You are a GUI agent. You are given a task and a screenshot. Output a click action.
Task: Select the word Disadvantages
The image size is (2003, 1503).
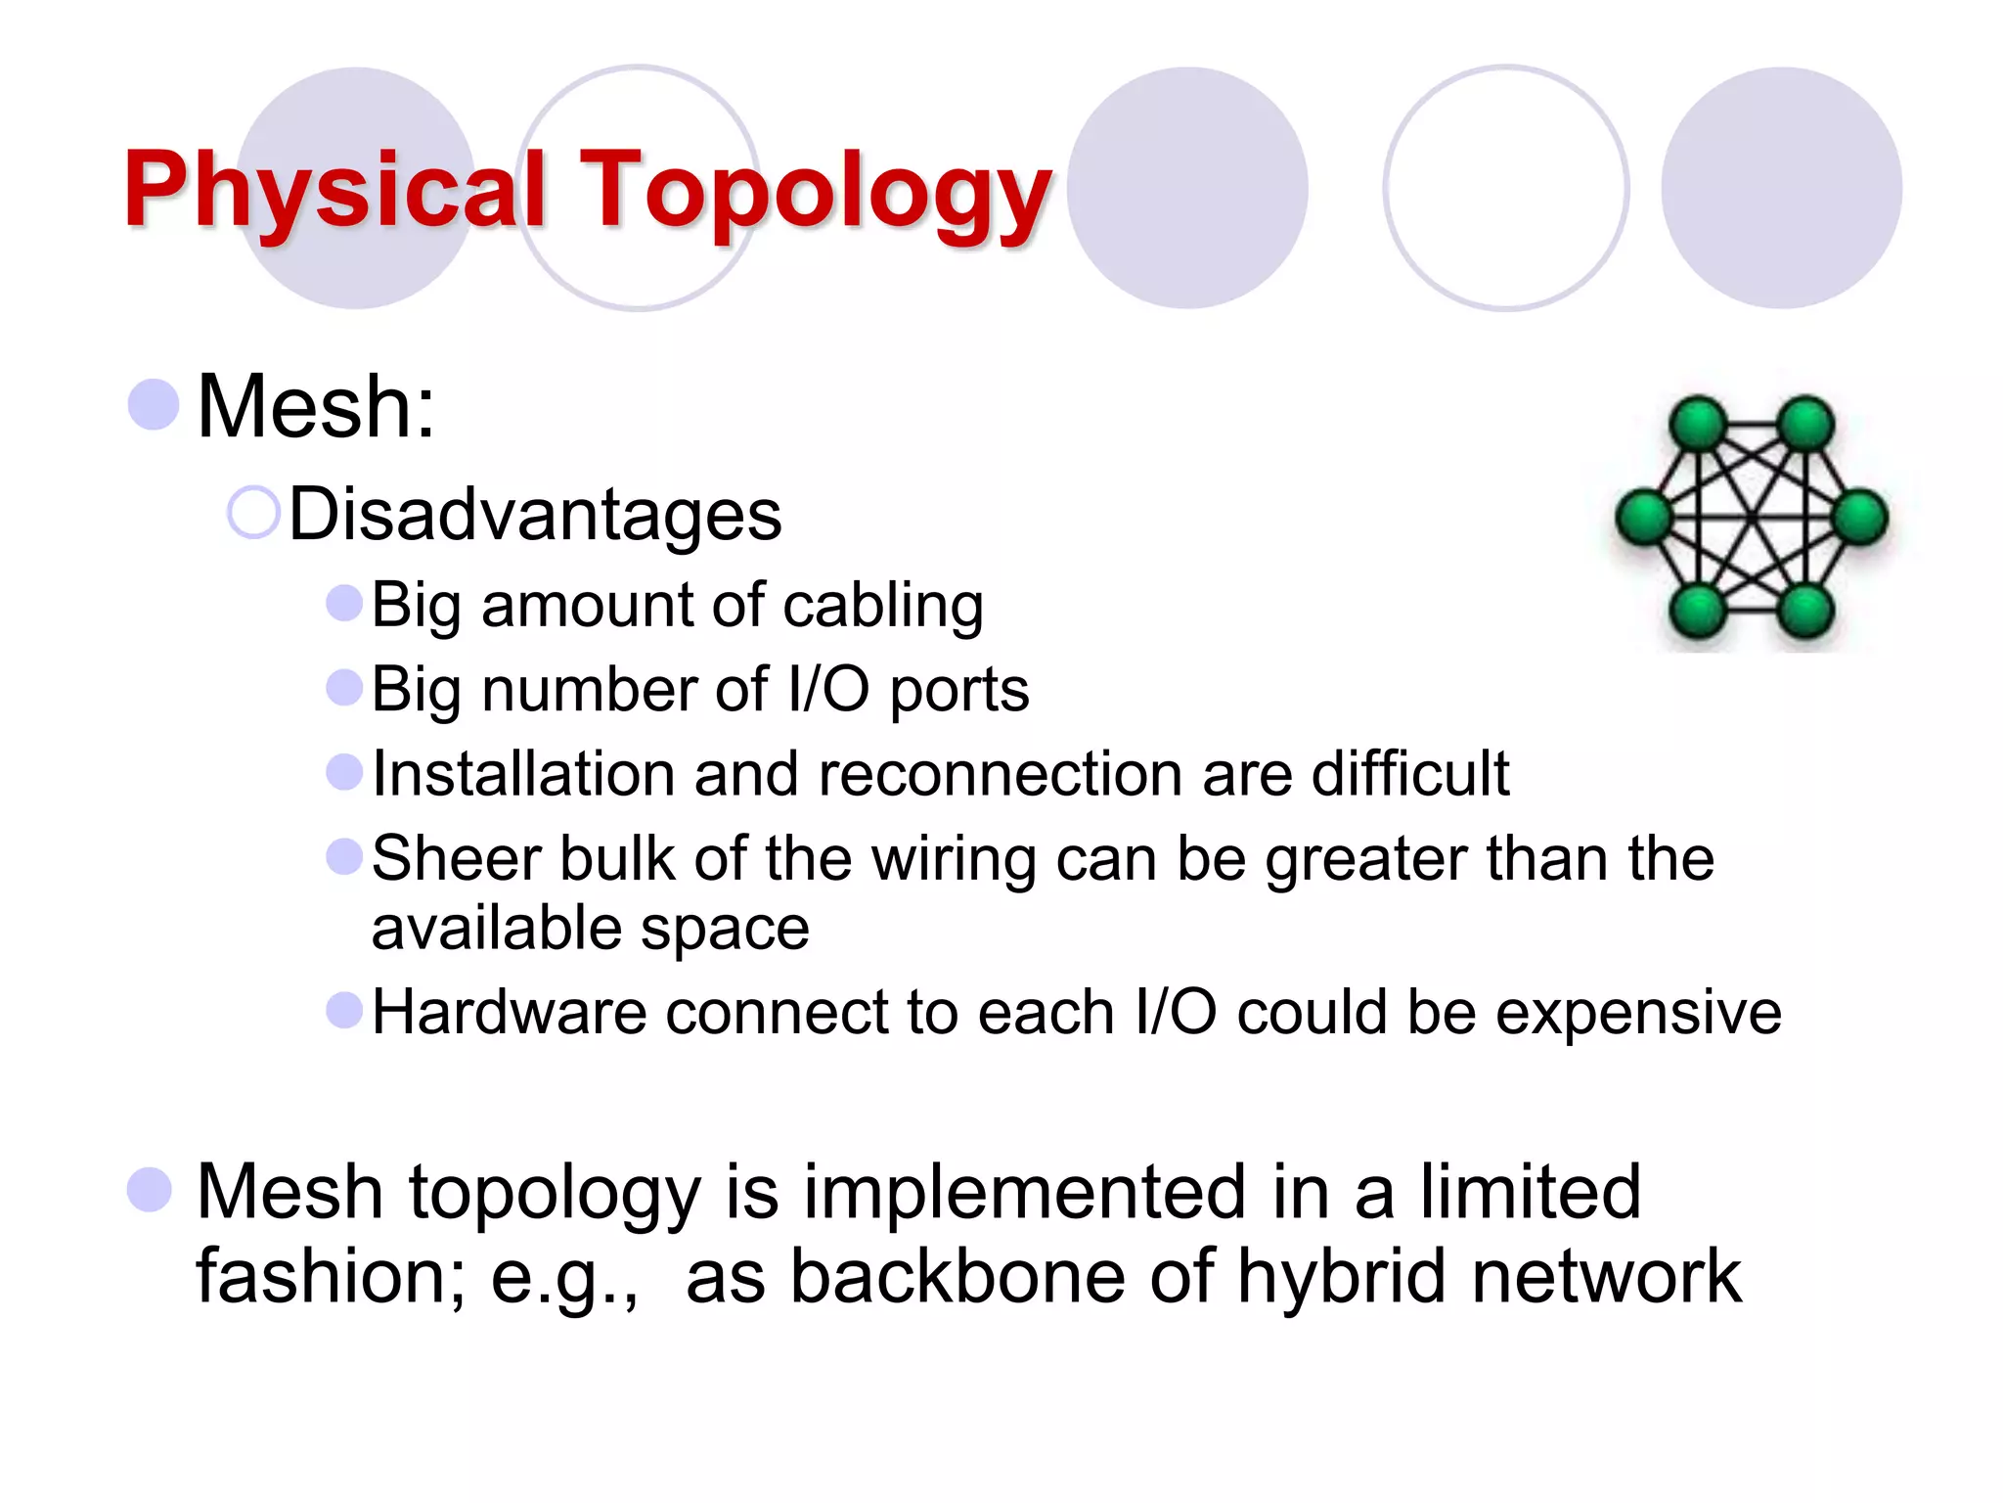pos(535,515)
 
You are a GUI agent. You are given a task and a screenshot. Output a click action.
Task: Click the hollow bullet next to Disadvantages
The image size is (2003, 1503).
pos(253,513)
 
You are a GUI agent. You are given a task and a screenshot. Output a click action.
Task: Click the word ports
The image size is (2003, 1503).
pos(958,691)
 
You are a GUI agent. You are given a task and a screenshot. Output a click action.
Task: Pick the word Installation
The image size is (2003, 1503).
pos(523,774)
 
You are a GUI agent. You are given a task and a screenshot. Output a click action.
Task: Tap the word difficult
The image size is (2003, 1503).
pos(1409,774)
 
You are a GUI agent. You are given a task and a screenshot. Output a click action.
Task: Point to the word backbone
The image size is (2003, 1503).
pos(957,1277)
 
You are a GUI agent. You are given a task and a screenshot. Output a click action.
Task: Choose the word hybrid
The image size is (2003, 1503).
pos(1341,1277)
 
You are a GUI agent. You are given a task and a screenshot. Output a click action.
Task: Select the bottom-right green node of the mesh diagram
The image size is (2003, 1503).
pos(1805,611)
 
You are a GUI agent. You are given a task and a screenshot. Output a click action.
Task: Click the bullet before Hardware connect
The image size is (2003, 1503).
pos(344,1010)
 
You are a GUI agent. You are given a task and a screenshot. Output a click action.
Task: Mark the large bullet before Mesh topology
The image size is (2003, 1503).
pos(151,1190)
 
